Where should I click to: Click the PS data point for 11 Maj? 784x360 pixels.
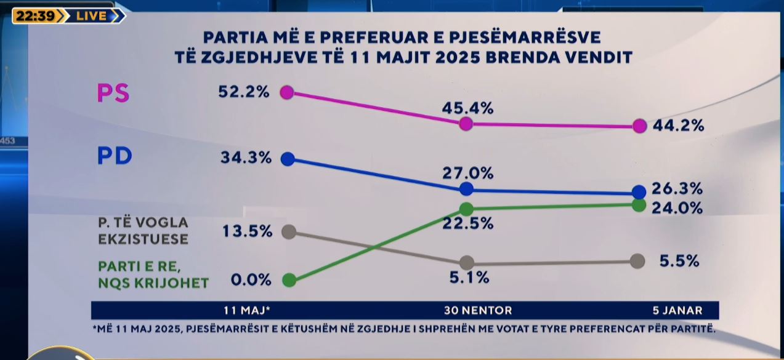point(287,92)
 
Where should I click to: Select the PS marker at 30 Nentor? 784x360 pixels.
point(466,124)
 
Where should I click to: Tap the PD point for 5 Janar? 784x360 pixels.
point(639,192)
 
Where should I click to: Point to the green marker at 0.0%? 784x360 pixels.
point(288,281)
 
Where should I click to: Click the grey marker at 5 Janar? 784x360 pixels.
point(637,261)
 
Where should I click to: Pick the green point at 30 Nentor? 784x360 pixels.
point(466,209)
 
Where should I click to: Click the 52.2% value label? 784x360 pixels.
point(244,92)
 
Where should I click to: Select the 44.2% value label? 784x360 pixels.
point(679,126)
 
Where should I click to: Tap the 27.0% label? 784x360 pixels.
point(468,174)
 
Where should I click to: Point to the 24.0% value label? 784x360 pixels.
point(678,208)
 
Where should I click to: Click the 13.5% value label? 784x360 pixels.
point(246,231)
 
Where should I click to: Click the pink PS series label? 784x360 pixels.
point(113,94)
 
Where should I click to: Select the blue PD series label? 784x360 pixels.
point(115,156)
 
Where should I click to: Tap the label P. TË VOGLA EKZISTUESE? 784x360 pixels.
point(143,230)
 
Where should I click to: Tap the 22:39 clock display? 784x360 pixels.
point(36,16)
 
